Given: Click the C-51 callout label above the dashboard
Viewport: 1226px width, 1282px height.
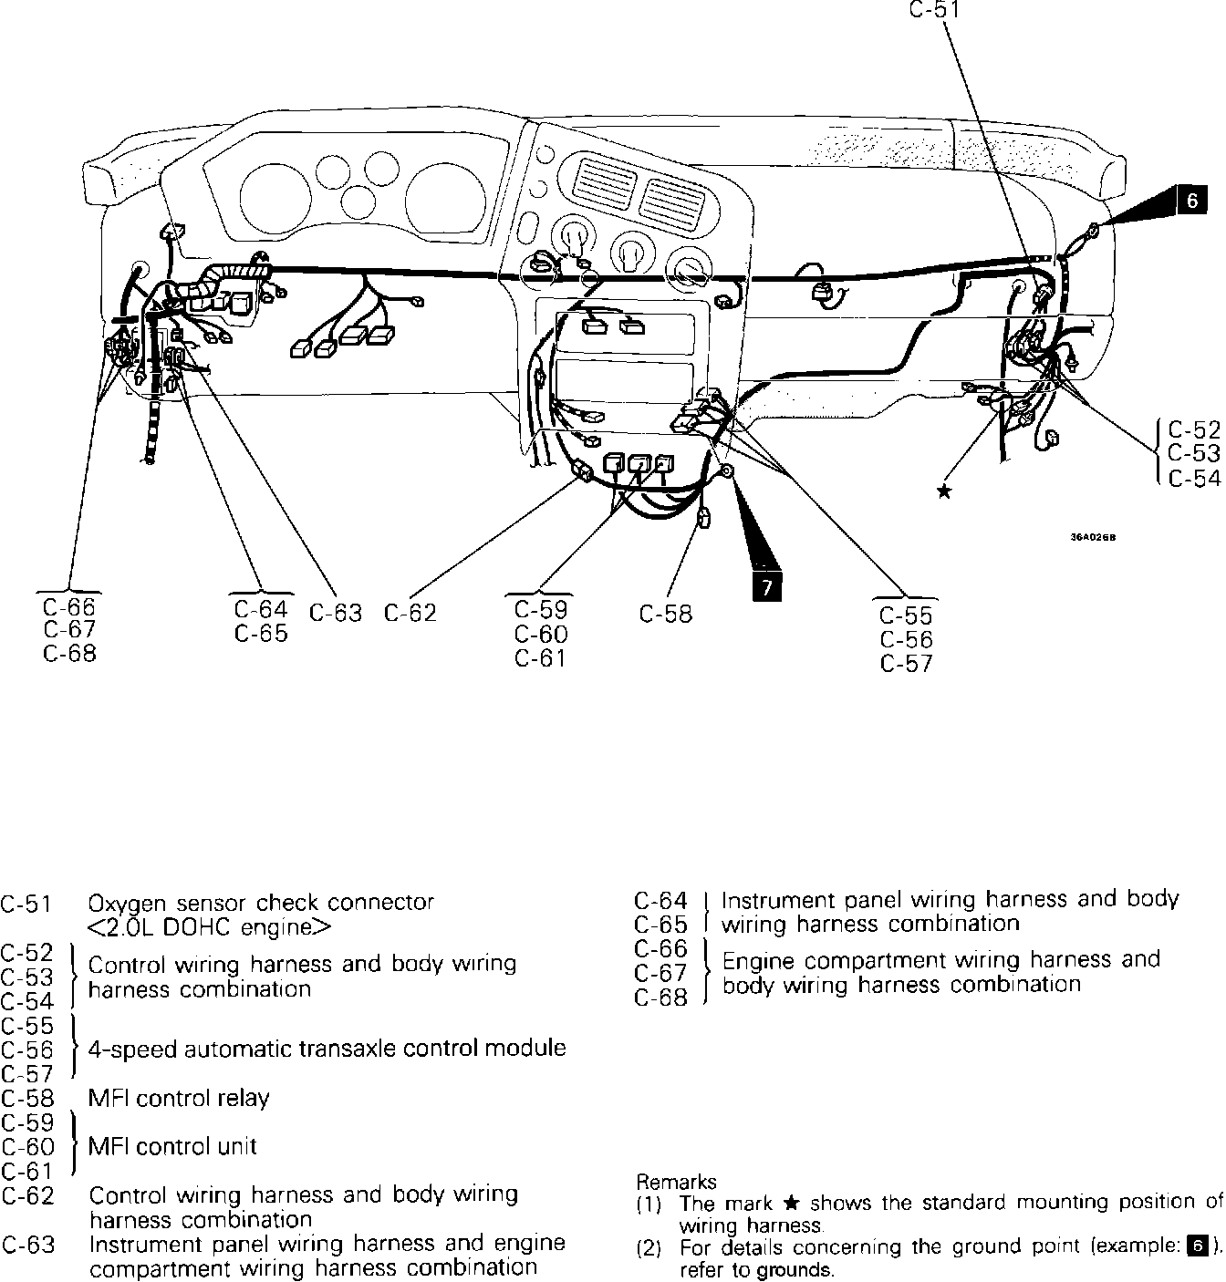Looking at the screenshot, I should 934,11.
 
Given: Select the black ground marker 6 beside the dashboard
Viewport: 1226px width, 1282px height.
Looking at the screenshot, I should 1191,200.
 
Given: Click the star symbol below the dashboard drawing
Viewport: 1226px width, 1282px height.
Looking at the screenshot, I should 944,492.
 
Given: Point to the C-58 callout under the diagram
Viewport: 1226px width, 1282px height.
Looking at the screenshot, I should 666,614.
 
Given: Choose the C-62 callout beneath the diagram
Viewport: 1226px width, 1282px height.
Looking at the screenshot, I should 410,614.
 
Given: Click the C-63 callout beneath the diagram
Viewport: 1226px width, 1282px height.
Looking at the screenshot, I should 336,613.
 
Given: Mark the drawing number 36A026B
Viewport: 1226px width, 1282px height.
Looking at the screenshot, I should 1093,537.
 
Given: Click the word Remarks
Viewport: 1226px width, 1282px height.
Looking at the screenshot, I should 676,1182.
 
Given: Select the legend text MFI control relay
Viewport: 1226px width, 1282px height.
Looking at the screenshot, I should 179,1098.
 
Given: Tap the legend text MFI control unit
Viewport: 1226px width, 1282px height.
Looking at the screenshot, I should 172,1146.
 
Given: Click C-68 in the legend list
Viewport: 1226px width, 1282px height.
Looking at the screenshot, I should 660,998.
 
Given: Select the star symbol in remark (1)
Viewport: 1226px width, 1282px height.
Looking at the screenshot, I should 791,1204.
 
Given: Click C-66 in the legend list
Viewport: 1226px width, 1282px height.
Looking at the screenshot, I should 660,949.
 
